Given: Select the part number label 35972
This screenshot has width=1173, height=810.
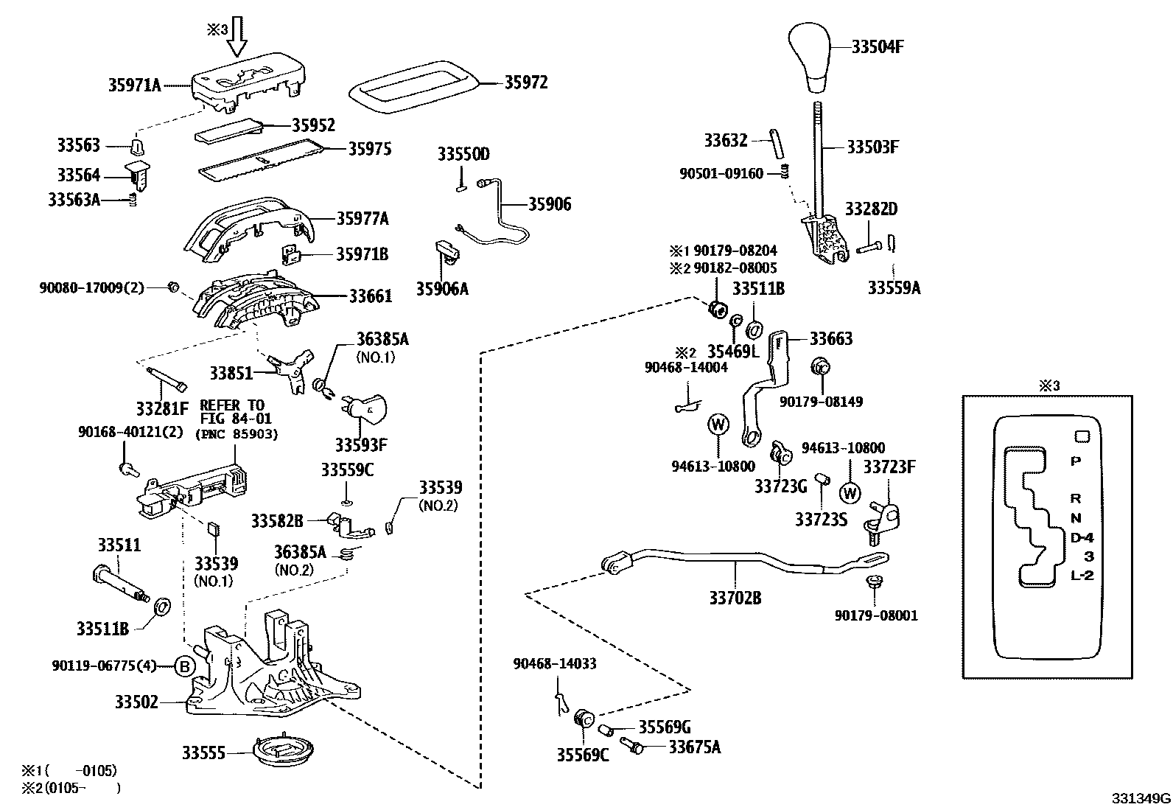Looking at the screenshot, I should [525, 83].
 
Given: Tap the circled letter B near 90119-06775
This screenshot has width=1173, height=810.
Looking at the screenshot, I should [185, 667].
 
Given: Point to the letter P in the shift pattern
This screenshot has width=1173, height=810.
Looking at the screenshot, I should [1075, 461].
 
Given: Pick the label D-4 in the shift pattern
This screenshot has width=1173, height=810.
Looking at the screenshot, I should [1082, 537].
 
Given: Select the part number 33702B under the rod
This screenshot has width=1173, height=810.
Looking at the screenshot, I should [735, 598].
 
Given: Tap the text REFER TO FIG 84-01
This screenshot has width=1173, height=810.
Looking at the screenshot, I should [232, 413].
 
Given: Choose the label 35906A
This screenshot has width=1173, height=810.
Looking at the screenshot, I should [442, 288].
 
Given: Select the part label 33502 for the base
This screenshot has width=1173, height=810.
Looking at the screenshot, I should [136, 702].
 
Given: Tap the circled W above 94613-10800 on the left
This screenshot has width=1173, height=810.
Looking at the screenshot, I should [718, 425].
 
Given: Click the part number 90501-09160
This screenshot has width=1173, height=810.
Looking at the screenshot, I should [721, 174].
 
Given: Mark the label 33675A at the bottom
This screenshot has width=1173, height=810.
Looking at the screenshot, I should [694, 747].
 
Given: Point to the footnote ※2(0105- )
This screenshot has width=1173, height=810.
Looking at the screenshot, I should [69, 788].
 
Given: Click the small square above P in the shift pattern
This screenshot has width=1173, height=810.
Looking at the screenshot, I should [1082, 436].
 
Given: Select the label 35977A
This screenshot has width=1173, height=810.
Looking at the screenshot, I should [362, 218].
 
